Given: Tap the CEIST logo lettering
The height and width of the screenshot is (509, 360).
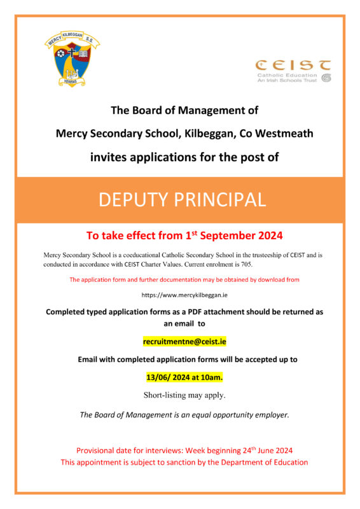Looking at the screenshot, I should pos(293,65).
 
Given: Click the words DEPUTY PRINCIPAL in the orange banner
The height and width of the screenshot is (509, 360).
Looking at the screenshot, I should pos(181,200).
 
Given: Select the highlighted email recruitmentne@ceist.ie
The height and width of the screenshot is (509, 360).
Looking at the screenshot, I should pos(184,342).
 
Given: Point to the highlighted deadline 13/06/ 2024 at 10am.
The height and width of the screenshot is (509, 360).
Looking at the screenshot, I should pos(184,377).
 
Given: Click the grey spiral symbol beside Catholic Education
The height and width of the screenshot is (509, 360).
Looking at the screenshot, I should pos(326,78).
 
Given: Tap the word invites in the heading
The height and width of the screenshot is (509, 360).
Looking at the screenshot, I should pos(107,157).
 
